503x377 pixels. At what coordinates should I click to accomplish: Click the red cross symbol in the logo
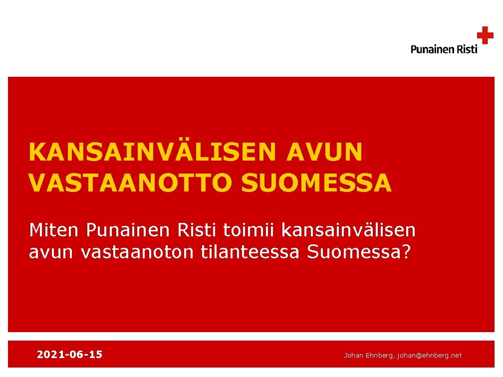pos(485,35)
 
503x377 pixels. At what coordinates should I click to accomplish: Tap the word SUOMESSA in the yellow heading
pos(316,183)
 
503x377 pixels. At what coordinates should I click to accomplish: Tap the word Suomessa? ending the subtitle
pos(358,252)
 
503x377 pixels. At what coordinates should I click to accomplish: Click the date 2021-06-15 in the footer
pos(69,355)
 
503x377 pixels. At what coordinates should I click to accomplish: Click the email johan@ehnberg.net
pos(430,355)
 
